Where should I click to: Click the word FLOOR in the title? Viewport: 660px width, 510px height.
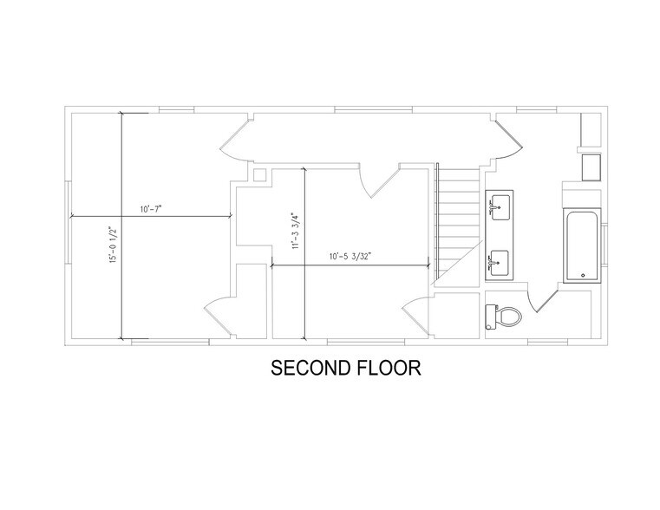[x=386, y=368]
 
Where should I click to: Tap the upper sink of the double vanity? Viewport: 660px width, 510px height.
[x=499, y=206]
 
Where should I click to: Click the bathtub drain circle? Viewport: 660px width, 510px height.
[x=583, y=276]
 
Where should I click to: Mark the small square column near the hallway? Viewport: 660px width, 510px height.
[x=259, y=174]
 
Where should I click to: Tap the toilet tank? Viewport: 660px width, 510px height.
[x=490, y=317]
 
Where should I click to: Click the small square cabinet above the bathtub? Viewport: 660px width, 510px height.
[x=591, y=166]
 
